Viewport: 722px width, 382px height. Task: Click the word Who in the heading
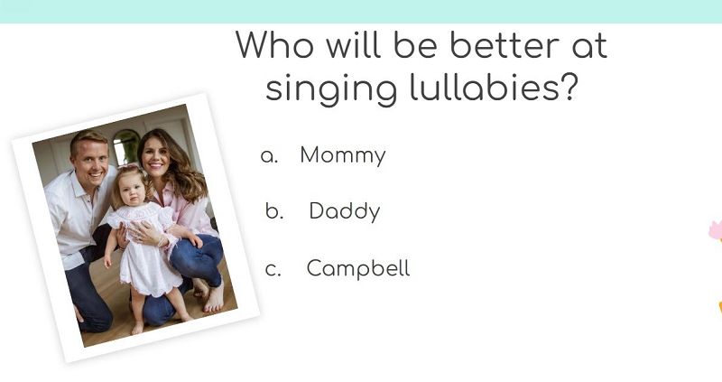(x=275, y=44)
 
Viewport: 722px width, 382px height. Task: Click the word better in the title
(x=504, y=44)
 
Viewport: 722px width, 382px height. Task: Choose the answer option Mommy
(x=343, y=155)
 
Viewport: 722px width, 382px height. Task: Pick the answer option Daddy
(x=345, y=211)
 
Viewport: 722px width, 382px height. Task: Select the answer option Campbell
(x=358, y=268)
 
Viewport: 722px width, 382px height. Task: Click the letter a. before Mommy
(x=269, y=156)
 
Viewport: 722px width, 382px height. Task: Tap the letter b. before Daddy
(x=274, y=211)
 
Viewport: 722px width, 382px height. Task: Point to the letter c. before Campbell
(x=273, y=269)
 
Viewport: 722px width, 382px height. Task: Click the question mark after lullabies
(x=570, y=87)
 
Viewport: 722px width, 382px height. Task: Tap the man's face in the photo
(x=92, y=163)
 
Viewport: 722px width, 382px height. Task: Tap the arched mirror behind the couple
(x=126, y=146)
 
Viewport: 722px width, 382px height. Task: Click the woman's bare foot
(x=214, y=296)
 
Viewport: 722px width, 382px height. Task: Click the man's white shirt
(x=79, y=213)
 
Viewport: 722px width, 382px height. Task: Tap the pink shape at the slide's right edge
(x=716, y=230)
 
